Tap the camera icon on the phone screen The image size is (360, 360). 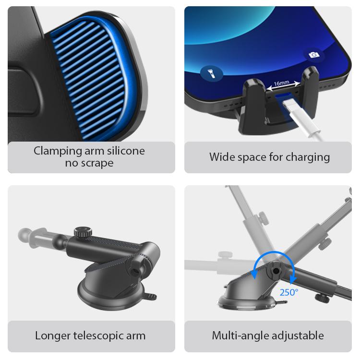pyautogui.click(x=314, y=55)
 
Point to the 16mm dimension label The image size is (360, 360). pyautogui.click(x=281, y=83)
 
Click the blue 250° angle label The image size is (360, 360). pyautogui.click(x=289, y=292)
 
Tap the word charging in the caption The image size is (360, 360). pyautogui.click(x=308, y=157)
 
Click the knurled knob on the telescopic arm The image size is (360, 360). pyautogui.click(x=83, y=232)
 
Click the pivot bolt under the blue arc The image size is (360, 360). pyautogui.click(x=276, y=271)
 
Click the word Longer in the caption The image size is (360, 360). pyautogui.click(x=53, y=336)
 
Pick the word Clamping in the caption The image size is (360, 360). pyautogui.click(x=58, y=151)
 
